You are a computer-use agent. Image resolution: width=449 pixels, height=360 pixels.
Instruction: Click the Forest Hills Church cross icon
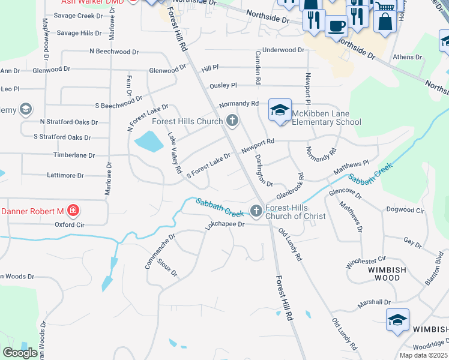(232, 121)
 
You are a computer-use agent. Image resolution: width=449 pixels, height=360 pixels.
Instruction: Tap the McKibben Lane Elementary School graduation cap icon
(280, 110)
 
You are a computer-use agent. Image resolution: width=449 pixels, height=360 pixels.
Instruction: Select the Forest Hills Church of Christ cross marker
(256, 211)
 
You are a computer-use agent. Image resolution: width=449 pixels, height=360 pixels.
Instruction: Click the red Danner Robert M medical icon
(73, 211)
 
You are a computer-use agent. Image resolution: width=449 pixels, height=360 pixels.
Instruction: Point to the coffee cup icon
(336, 25)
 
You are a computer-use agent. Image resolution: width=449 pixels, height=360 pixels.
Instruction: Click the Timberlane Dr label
(75, 155)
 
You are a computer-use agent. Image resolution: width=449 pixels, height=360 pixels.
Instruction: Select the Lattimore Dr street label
(65, 175)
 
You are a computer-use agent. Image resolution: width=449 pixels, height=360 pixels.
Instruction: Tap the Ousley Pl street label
(223, 86)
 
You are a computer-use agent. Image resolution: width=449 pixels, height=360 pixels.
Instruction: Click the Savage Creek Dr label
(80, 16)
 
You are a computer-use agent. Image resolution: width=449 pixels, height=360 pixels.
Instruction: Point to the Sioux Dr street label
(167, 268)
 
